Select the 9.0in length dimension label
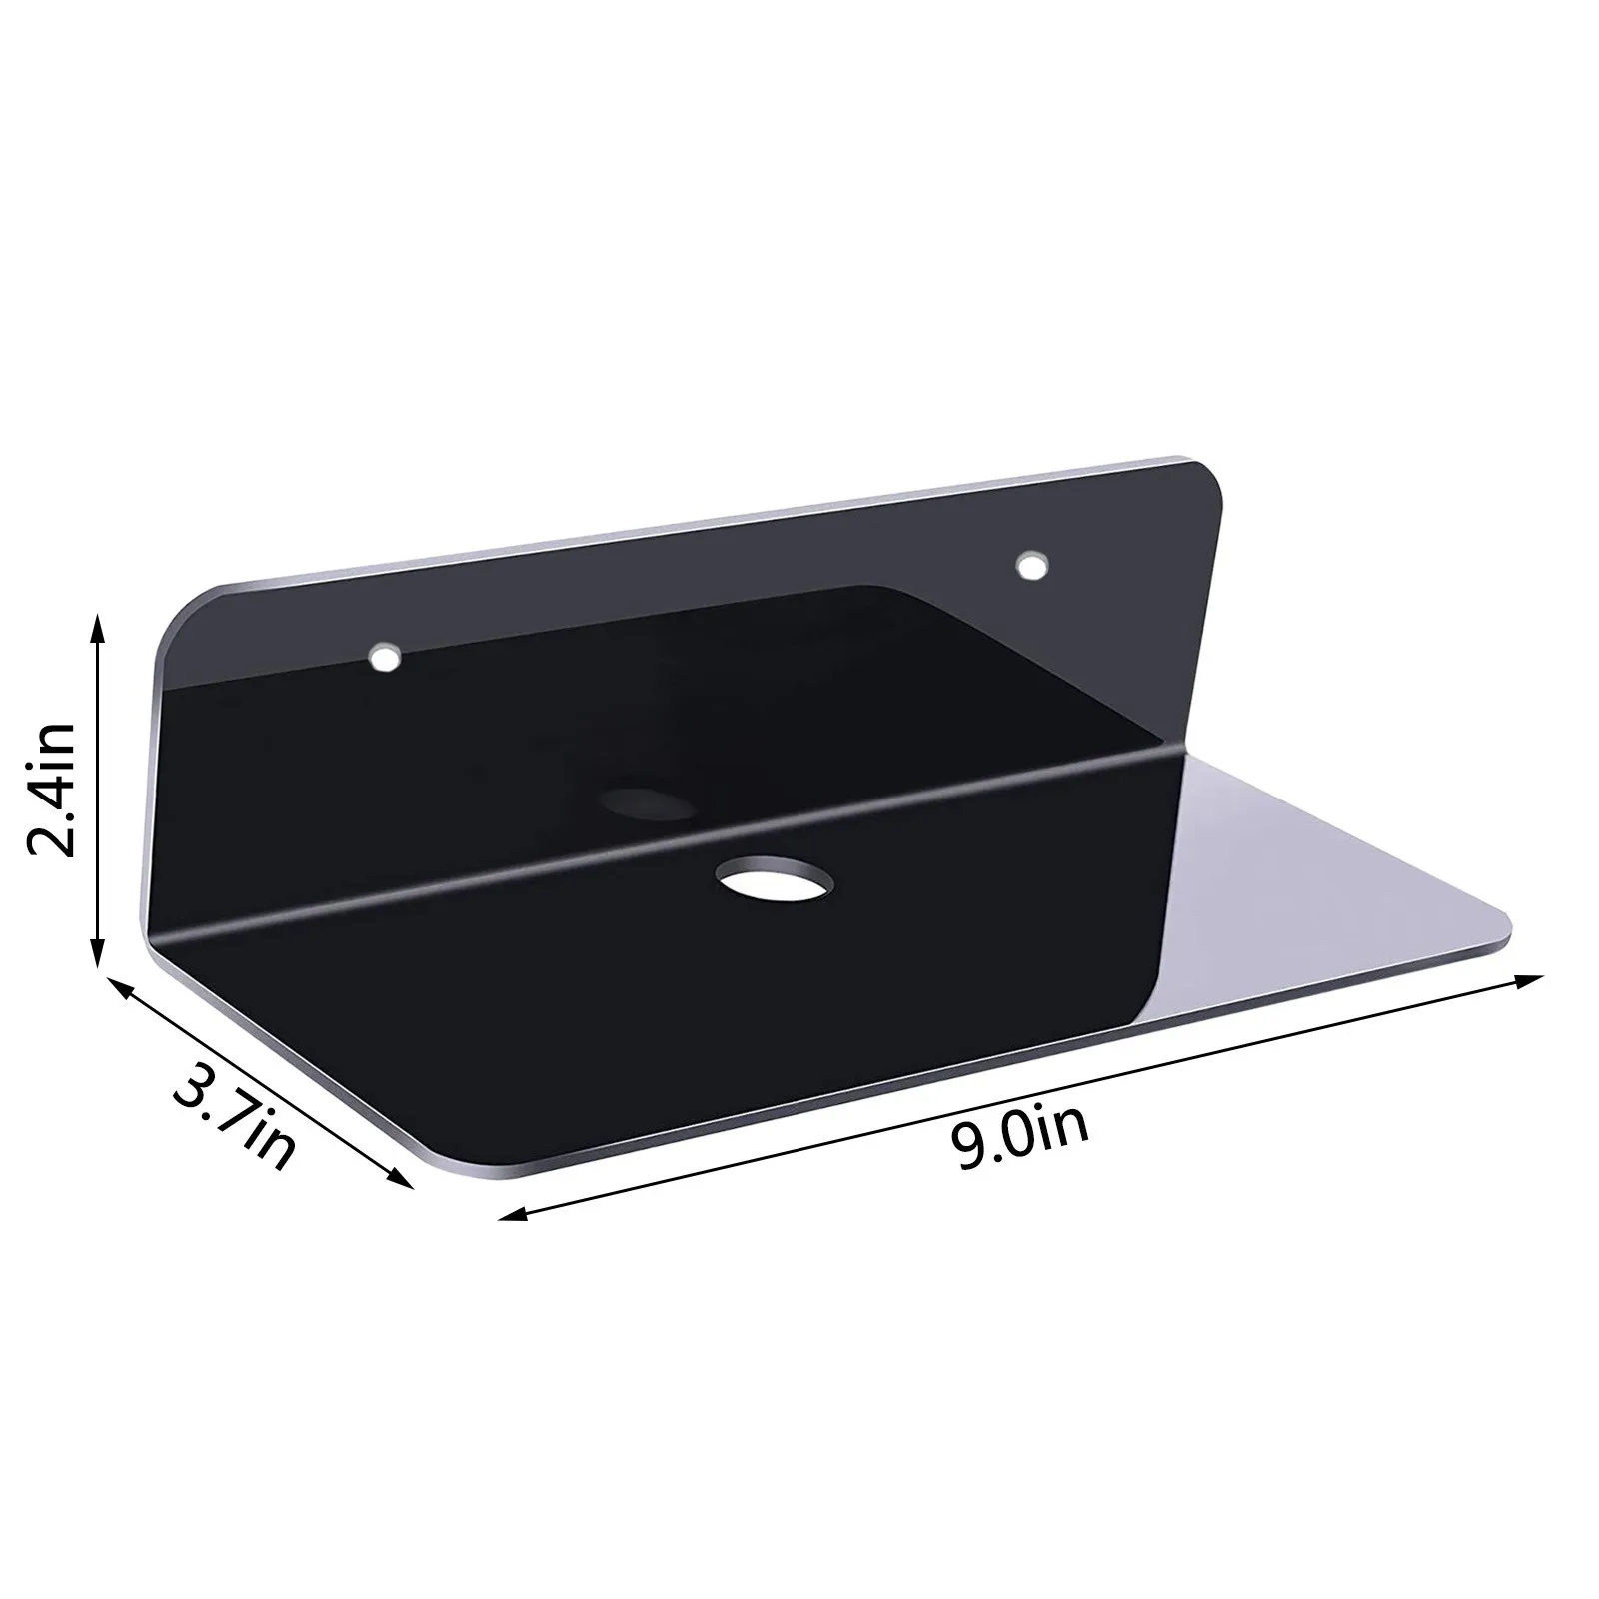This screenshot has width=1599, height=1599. pyautogui.click(x=1018, y=1148)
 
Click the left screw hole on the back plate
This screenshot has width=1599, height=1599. pyautogui.click(x=383, y=658)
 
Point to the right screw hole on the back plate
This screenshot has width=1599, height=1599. pyautogui.click(x=1032, y=567)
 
